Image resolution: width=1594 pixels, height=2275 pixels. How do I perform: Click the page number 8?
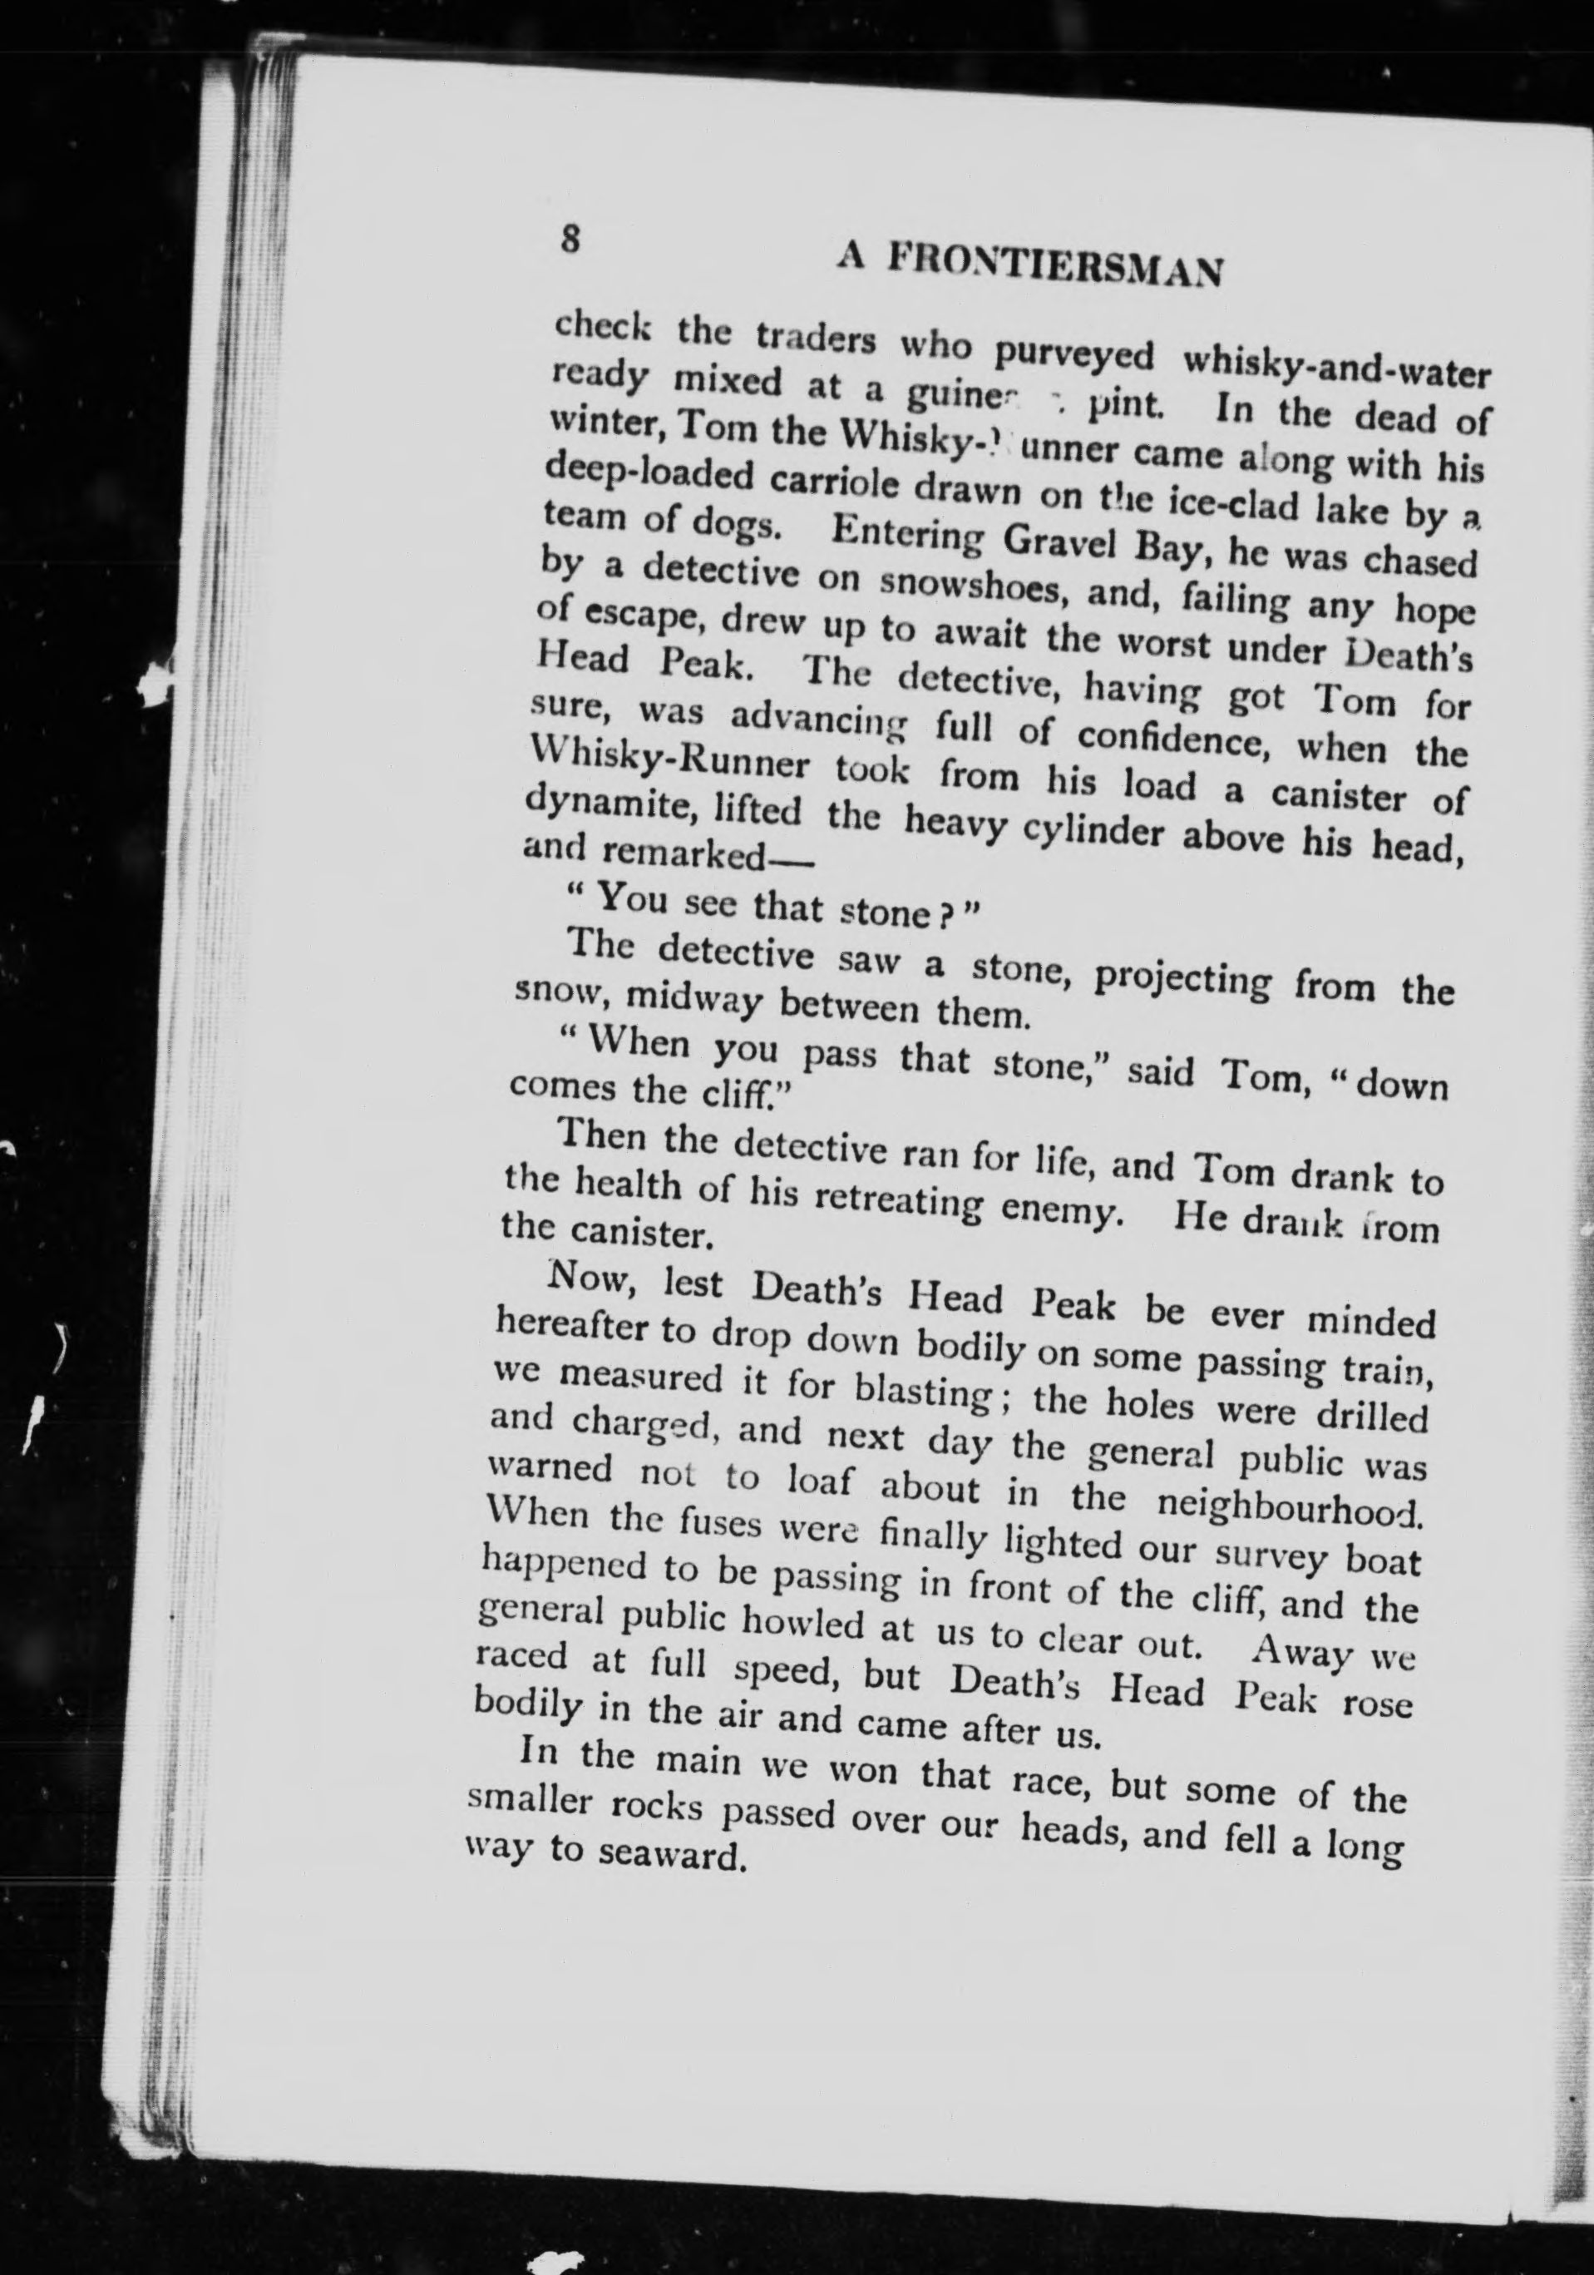point(569,240)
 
